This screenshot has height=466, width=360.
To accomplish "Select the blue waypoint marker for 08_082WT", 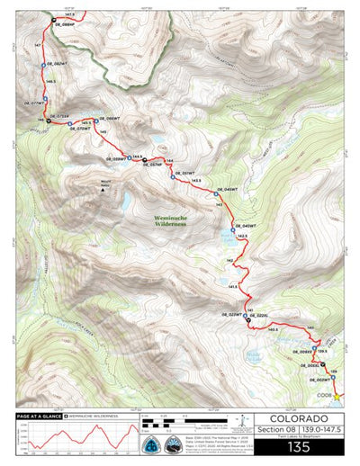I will point(42,65).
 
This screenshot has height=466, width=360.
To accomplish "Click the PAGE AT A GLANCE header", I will point(38,417).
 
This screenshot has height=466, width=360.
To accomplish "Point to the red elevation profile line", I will point(72,441).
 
